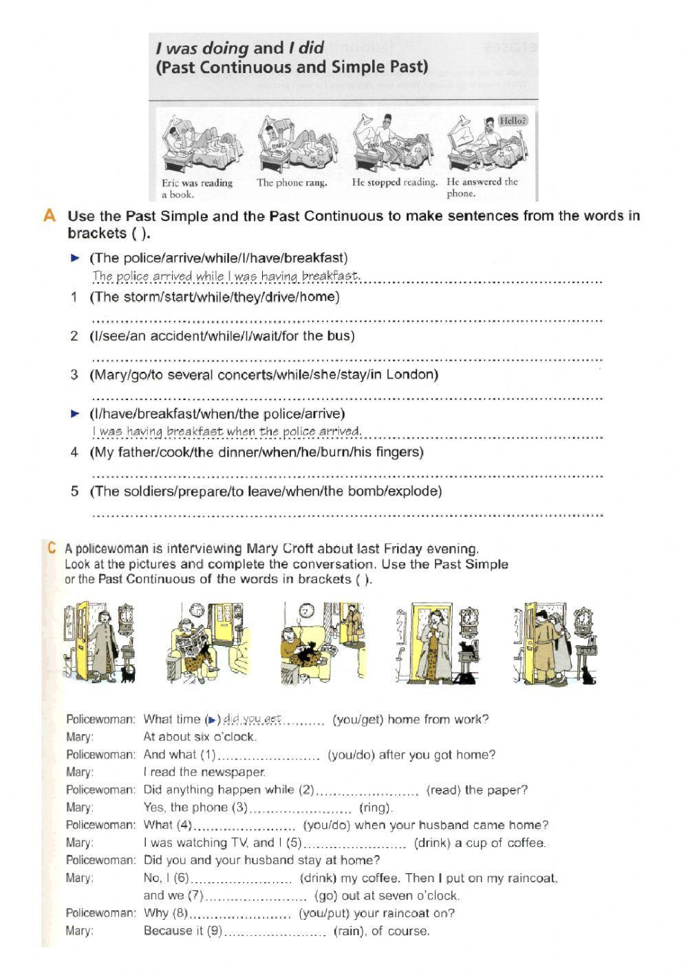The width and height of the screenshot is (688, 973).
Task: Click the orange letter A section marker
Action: point(49,216)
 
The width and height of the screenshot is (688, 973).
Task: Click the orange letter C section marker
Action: point(51,548)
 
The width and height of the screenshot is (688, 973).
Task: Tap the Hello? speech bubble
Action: point(513,121)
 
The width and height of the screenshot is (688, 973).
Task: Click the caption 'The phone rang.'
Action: point(292,182)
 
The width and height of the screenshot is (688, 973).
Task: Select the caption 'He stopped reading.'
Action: point(394,182)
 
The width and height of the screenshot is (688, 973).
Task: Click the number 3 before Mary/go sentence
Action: point(74,375)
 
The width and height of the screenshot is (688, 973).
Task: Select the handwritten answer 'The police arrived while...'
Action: point(226,276)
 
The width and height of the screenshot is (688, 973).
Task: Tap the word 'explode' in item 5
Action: point(415,491)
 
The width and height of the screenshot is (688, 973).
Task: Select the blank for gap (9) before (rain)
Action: point(275,932)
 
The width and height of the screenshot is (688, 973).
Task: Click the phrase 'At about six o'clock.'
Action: point(200,737)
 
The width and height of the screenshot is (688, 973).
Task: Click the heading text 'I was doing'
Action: point(202,48)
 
